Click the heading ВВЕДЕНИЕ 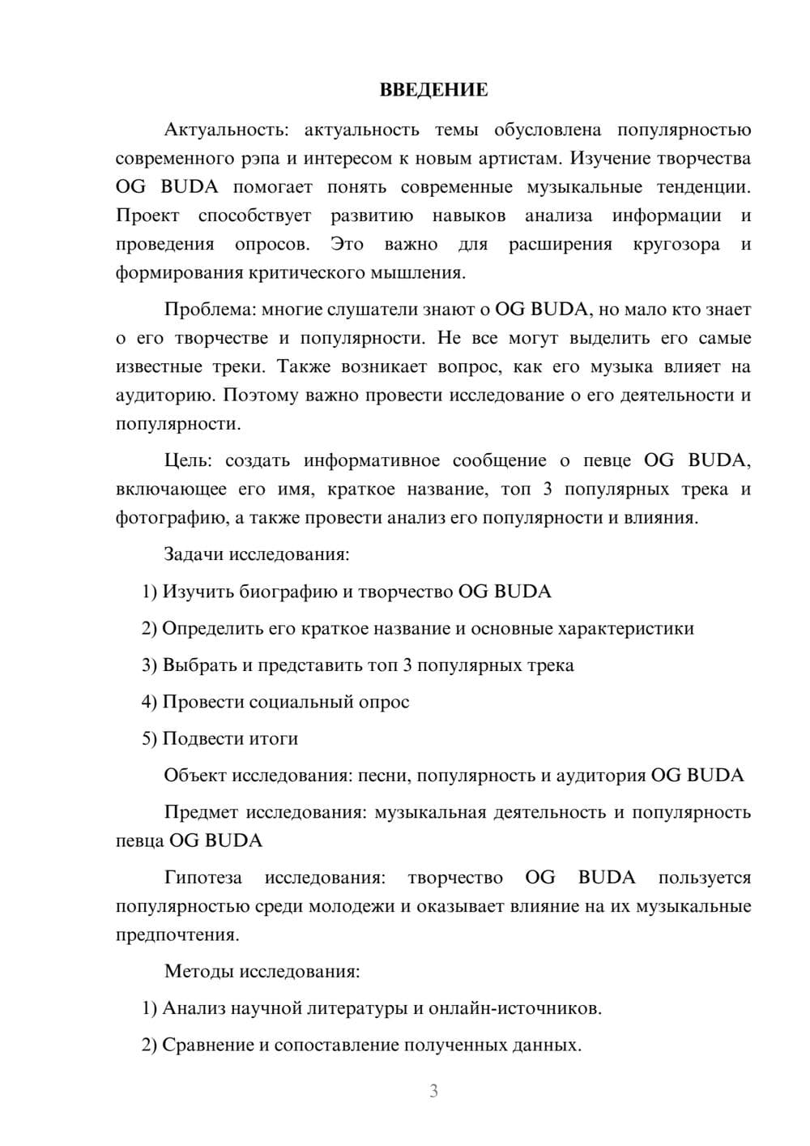point(433,90)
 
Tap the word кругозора point(676,244)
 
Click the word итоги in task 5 point(273,738)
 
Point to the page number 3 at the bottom point(433,1091)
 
